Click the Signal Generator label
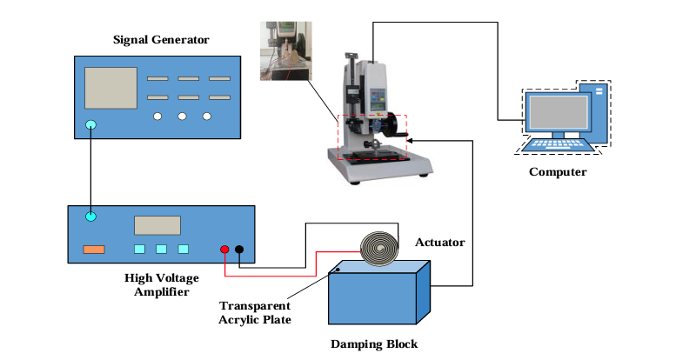[161, 40]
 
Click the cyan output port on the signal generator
[91, 127]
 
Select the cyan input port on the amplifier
[91, 216]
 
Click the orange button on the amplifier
[93, 250]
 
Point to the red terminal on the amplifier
[224, 250]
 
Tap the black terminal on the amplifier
[239, 250]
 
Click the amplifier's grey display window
[157, 225]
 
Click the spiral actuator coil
[379, 249]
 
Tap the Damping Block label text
[374, 344]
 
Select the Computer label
[558, 172]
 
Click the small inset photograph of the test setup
[284, 51]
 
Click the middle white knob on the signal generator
[182, 117]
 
